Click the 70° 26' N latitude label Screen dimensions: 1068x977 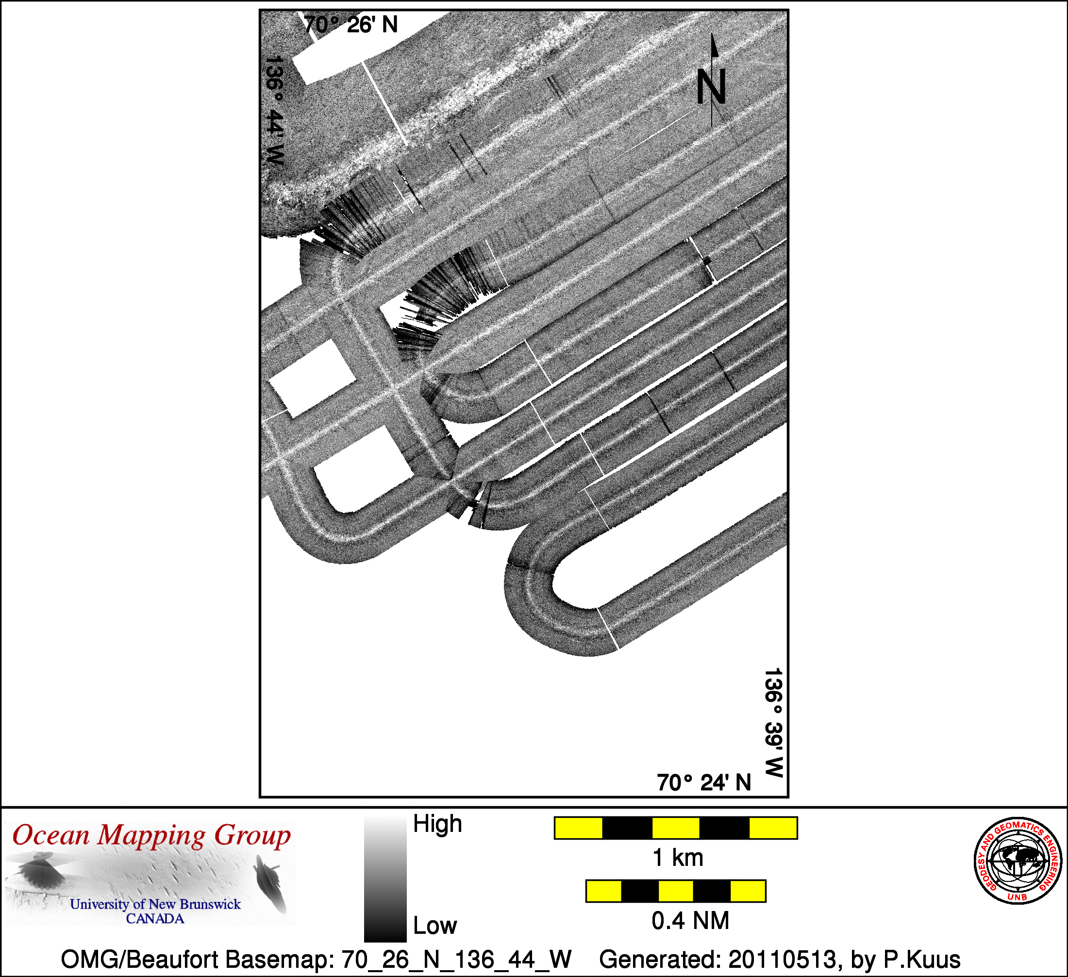350,25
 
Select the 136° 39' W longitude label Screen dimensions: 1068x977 773,722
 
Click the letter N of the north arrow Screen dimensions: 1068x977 711,87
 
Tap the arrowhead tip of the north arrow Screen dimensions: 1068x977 712,34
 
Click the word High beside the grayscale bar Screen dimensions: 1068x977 437,824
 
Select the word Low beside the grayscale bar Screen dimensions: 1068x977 435,926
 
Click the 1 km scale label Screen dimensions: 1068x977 678,858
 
